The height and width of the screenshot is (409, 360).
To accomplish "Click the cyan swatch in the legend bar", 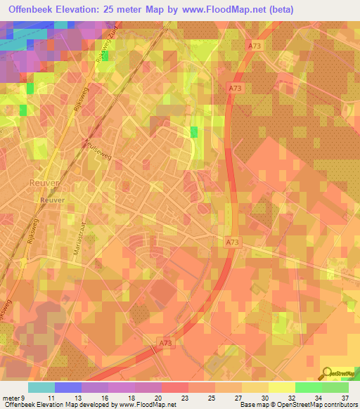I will tap(41, 387).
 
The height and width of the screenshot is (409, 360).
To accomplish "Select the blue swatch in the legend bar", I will tap(67, 387).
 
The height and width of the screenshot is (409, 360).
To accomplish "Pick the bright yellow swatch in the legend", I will tap(281, 387).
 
